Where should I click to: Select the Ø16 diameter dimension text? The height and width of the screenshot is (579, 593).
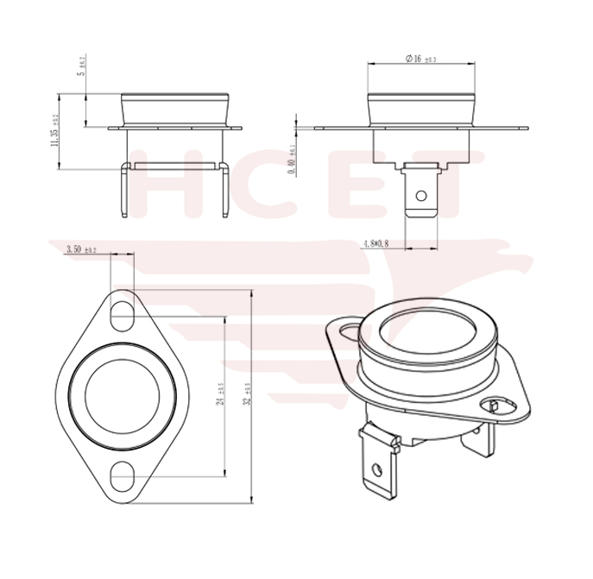coord(420,59)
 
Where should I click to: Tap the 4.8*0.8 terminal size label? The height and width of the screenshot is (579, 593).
coord(373,245)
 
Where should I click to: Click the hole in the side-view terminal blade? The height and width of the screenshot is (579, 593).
coord(422,198)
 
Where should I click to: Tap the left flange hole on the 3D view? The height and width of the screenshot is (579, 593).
coord(348,330)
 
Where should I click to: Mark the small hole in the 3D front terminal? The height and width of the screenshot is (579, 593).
coord(376,471)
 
